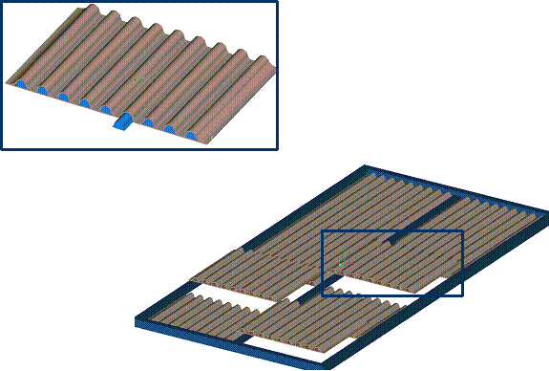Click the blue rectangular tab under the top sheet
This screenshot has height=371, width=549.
(x=123, y=121)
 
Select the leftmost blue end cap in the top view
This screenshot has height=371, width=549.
(x=20, y=84)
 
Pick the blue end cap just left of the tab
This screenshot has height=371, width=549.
(x=105, y=110)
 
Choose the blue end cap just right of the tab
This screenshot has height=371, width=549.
(x=148, y=122)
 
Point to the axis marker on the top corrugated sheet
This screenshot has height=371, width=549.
(x=138, y=79)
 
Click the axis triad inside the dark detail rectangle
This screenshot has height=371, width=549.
(x=342, y=261)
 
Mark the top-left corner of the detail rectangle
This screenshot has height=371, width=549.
(x=322, y=230)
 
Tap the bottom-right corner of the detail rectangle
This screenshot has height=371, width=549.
(x=463, y=295)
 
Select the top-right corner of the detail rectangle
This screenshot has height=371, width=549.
(x=463, y=230)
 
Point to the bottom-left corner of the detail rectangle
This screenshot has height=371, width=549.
(x=322, y=295)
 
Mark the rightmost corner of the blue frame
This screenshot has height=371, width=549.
(x=546, y=225)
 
